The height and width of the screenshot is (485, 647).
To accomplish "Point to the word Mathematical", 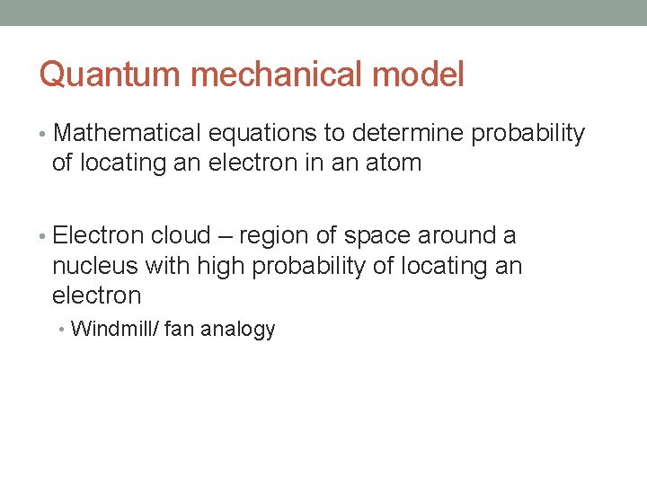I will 128,134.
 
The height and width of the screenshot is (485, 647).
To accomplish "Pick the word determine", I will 409,134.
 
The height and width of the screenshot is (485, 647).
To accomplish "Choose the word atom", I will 393,163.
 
